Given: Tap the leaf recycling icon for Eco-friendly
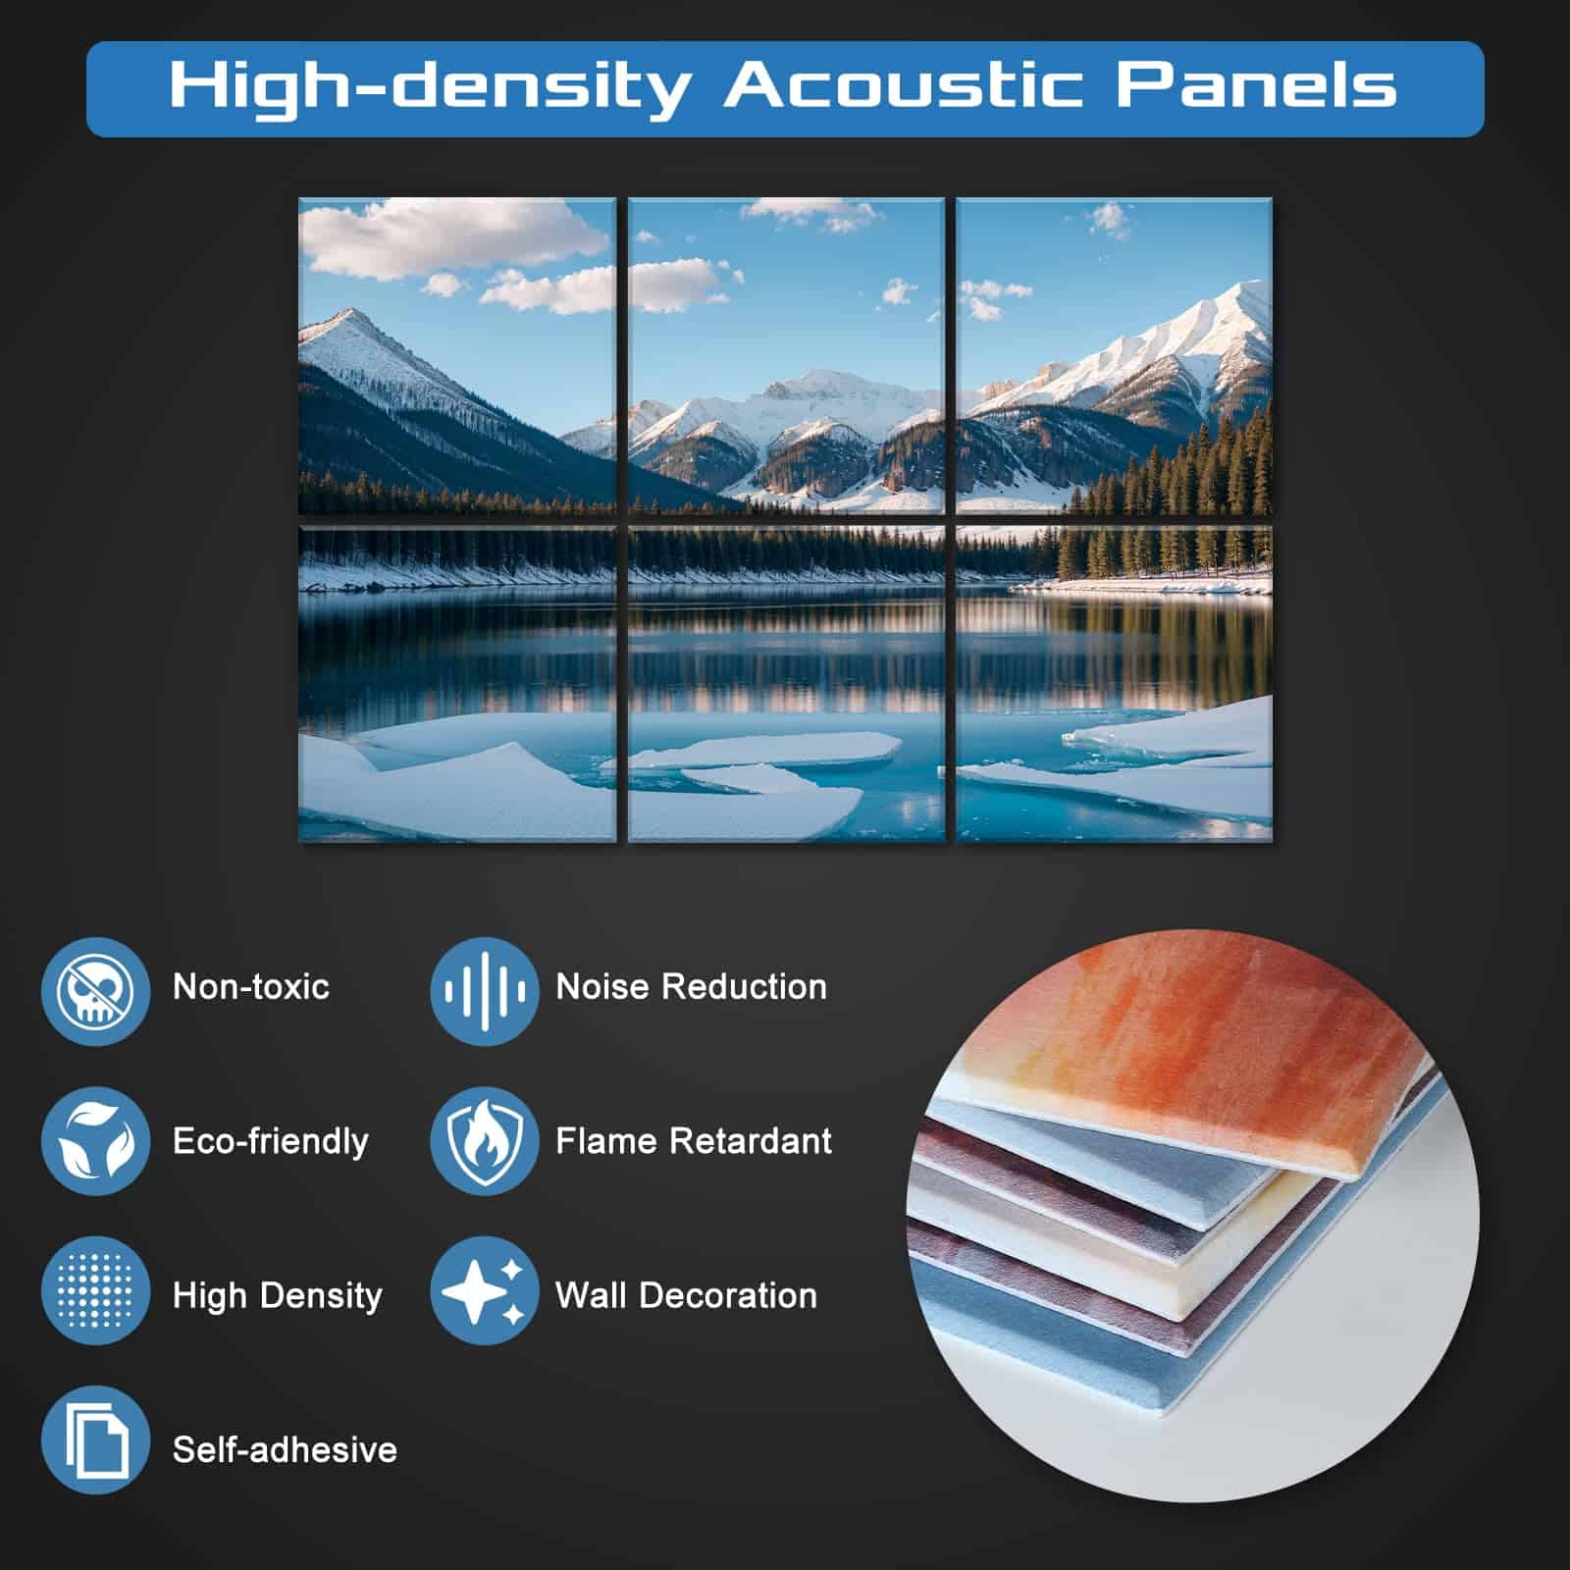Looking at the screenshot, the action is [95, 1141].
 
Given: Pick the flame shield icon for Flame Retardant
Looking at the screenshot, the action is [485, 1141].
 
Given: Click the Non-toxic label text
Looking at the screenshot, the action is [251, 986].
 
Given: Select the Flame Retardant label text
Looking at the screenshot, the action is [694, 1140].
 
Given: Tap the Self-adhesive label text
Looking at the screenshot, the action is [285, 1449].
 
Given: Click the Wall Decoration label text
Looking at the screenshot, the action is [686, 1295].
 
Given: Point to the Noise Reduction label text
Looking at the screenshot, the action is [691, 986].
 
